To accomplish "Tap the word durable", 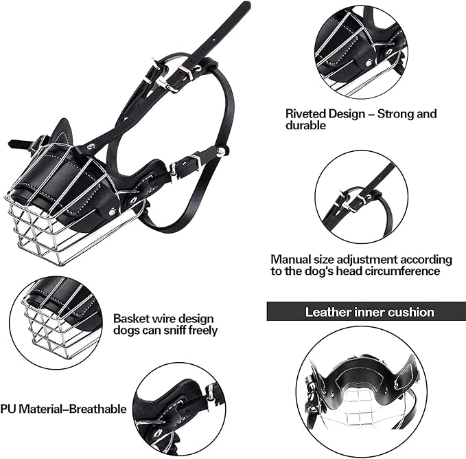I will [x=306, y=126].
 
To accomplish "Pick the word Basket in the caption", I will [x=131, y=319].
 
